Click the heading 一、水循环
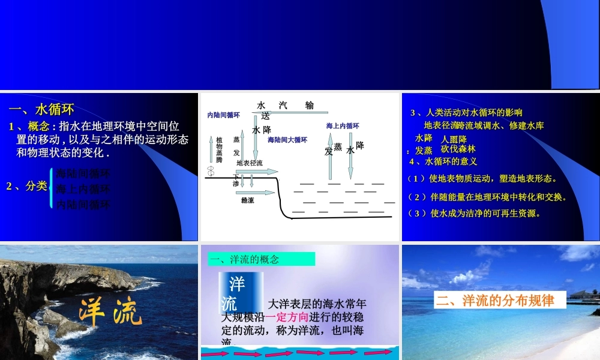(x=41, y=109)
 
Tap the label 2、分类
(x=26, y=186)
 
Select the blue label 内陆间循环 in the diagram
(x=223, y=115)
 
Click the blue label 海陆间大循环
(x=287, y=140)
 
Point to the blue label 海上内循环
(x=343, y=126)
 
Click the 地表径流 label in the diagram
(x=250, y=163)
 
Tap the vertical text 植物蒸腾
(x=219, y=149)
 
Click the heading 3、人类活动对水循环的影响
(x=466, y=112)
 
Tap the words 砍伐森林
(x=458, y=149)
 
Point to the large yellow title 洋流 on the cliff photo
(x=111, y=311)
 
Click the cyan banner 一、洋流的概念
(x=262, y=259)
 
